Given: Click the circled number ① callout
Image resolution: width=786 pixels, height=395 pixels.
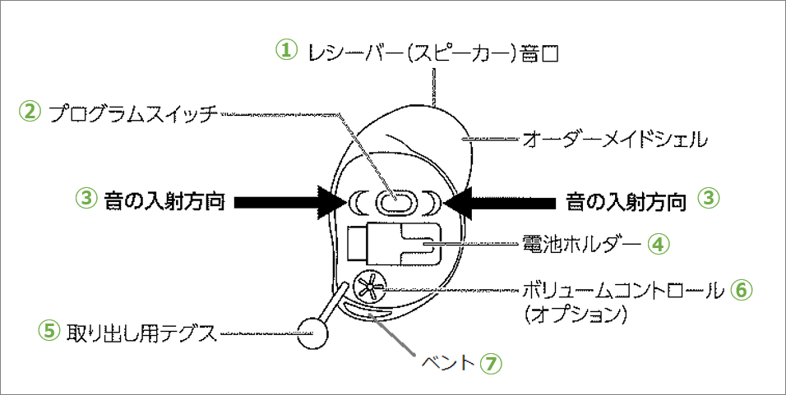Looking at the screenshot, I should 284,50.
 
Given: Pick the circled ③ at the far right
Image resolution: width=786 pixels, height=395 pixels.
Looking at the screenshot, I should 708,199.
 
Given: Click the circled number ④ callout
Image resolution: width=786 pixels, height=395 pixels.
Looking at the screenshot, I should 657,243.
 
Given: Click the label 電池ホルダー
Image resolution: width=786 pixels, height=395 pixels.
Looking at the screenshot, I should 581,244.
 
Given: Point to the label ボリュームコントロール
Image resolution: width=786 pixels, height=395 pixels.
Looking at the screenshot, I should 624,290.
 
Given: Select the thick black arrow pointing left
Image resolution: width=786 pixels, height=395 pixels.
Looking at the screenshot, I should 501,200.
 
